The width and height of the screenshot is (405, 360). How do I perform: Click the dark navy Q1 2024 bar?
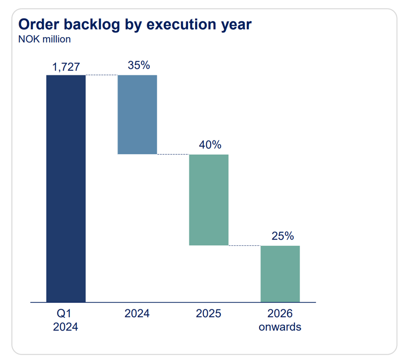click(x=66, y=188)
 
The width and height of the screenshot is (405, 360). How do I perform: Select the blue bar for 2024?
click(x=137, y=115)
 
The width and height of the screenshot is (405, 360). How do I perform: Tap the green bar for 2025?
click(x=209, y=200)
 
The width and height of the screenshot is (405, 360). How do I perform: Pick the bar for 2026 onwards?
click(x=280, y=274)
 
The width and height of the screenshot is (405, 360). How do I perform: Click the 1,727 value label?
click(x=66, y=67)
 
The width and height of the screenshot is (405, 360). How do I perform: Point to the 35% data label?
click(x=138, y=65)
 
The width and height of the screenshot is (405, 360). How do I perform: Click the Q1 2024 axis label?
click(x=66, y=320)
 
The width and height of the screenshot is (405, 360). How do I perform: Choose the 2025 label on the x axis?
click(x=209, y=314)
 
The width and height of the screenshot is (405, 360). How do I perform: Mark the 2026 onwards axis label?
click(x=280, y=320)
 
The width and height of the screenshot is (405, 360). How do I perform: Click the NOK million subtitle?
click(x=44, y=39)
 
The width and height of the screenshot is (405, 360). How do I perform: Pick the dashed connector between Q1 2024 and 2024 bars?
click(x=101, y=75)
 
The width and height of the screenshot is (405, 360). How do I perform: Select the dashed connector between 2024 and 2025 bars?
click(x=173, y=154)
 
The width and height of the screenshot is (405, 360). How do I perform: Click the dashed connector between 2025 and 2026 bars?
click(x=244, y=245)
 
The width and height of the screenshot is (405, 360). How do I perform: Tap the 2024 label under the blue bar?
click(x=137, y=314)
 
